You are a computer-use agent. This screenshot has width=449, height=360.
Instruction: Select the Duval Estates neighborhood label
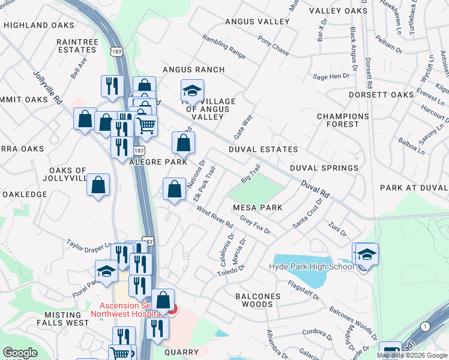[x=263, y=149]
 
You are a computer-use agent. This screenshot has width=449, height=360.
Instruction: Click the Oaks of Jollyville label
[x=64, y=175]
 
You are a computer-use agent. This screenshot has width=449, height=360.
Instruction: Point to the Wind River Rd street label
[x=215, y=217]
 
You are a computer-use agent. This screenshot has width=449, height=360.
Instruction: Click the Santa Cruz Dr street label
[x=307, y=214]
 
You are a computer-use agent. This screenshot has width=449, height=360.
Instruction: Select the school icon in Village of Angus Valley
[x=192, y=92]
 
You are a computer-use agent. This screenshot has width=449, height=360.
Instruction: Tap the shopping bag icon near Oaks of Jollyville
[x=98, y=185]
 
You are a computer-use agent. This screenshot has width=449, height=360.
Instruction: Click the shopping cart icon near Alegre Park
[x=146, y=125]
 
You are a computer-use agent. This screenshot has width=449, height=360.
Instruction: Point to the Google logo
[x=20, y=353]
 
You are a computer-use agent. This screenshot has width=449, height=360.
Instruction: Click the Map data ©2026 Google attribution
[x=412, y=355]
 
